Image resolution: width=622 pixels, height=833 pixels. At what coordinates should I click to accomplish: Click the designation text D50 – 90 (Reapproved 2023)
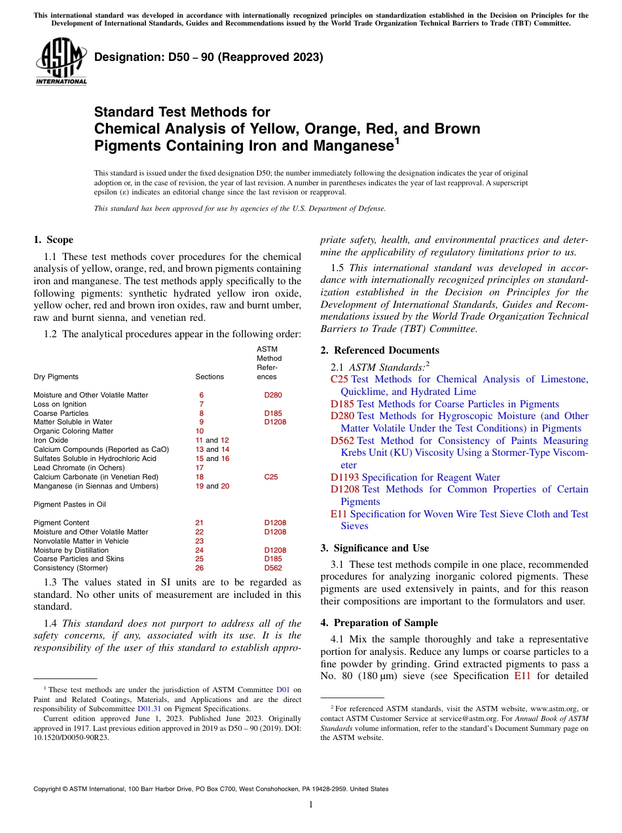209,57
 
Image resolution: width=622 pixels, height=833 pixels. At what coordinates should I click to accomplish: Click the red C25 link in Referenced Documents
339,379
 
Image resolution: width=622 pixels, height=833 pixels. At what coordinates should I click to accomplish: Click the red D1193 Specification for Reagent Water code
345,477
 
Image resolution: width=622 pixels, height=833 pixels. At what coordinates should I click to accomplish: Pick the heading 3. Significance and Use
375,548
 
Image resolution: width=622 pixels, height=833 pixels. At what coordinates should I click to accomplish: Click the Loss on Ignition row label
60,404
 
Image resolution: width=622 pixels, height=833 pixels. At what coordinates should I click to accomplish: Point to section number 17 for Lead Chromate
200,468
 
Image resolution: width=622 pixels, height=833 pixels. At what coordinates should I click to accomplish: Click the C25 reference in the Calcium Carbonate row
271,477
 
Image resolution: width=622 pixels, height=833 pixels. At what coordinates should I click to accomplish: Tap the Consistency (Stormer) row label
71,568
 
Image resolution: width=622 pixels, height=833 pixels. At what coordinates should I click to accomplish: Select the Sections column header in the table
210,377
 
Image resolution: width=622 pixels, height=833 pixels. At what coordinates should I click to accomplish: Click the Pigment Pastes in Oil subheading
69,504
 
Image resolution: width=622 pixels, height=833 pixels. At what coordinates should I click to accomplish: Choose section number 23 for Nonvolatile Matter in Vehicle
200,541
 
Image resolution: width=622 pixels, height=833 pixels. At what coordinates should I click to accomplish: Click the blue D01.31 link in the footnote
147,708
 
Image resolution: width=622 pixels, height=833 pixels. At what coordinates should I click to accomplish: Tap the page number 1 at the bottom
311,804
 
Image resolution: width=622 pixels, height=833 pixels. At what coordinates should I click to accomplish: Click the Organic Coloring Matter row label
73,431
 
